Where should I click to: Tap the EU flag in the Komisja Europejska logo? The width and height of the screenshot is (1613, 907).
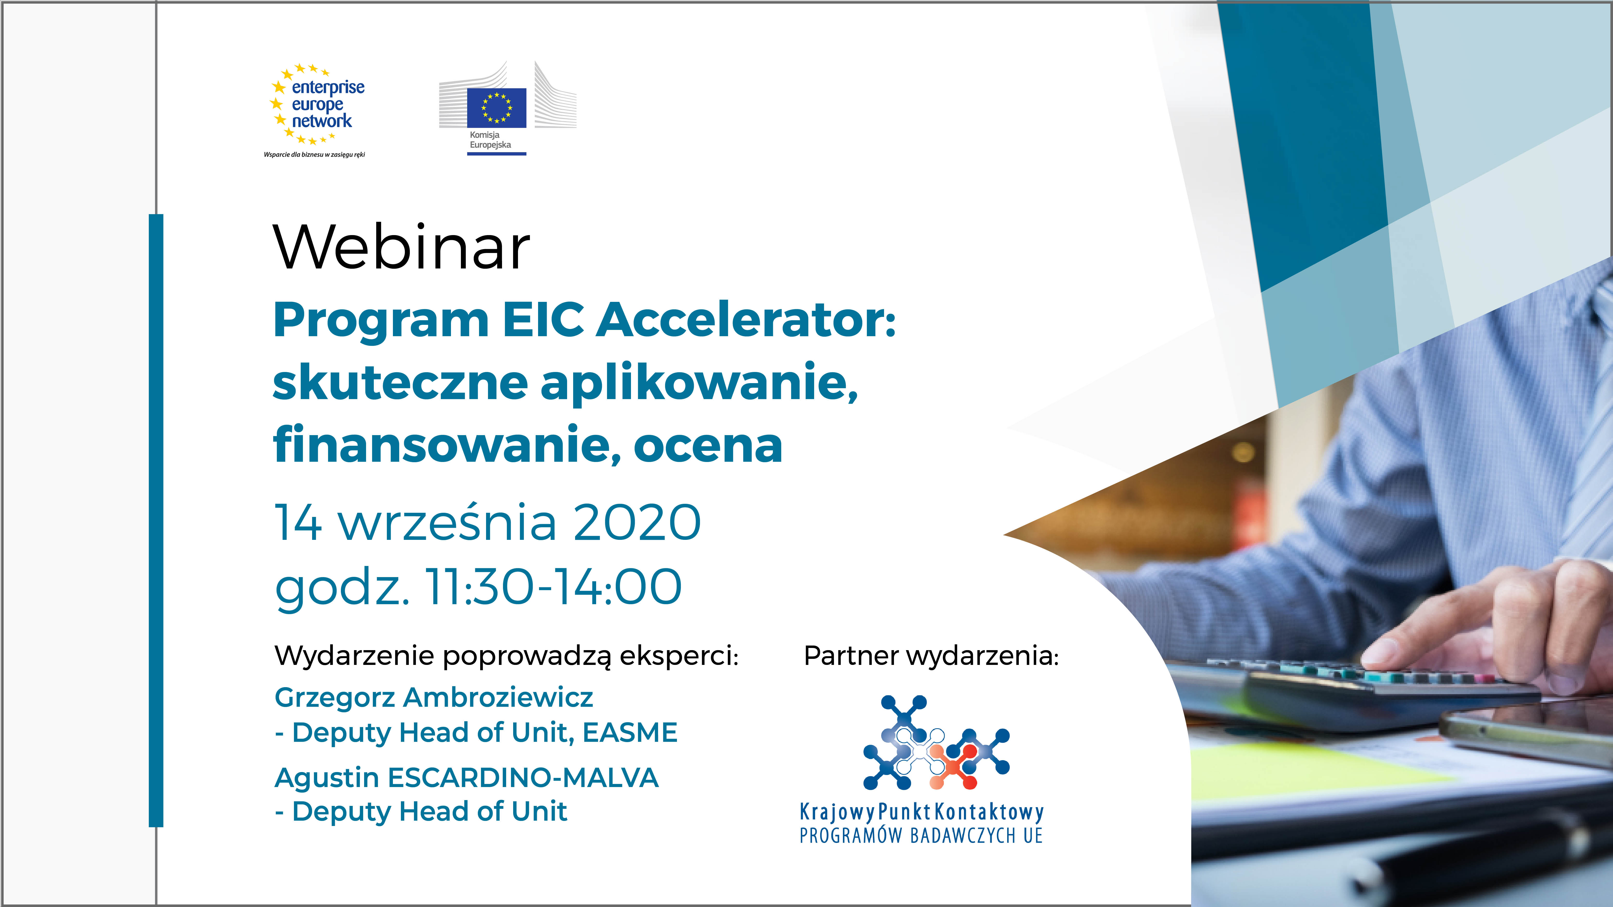tap(496, 108)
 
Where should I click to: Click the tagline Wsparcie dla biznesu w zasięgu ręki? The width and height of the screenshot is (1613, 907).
tap(314, 155)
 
